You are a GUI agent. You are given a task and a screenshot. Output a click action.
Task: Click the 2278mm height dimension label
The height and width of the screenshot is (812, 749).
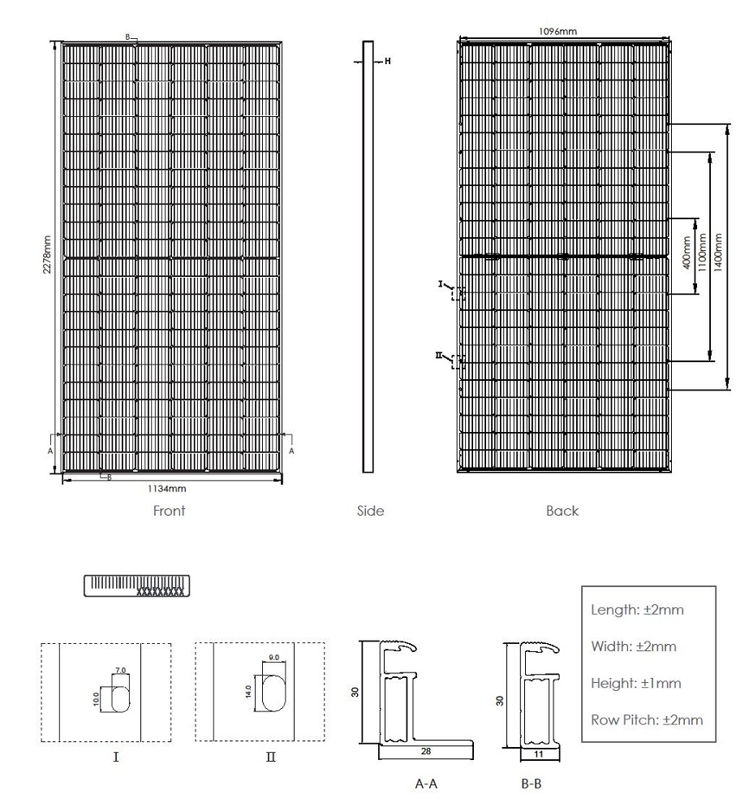pyautogui.click(x=47, y=254)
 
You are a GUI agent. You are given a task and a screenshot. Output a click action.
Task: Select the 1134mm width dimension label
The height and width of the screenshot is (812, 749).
pyautogui.click(x=166, y=488)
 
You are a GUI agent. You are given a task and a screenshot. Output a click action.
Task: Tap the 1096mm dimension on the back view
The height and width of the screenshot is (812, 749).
pyautogui.click(x=557, y=31)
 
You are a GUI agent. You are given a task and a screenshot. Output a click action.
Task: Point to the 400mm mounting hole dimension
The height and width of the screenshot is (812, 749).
pyautogui.click(x=687, y=253)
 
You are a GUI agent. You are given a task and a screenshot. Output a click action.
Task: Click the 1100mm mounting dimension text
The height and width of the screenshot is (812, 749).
pyautogui.click(x=703, y=253)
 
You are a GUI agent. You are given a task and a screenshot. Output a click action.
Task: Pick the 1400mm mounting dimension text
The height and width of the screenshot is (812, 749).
pyautogui.click(x=718, y=253)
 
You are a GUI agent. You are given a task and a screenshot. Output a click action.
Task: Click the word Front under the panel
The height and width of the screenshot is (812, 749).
pyautogui.click(x=170, y=511)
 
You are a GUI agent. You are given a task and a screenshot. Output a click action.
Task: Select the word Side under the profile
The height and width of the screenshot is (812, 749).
pyautogui.click(x=371, y=511)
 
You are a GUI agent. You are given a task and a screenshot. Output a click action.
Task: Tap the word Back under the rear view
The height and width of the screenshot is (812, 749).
pyautogui.click(x=562, y=511)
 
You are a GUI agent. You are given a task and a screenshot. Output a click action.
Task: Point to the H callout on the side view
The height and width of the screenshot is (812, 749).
pyautogui.click(x=388, y=61)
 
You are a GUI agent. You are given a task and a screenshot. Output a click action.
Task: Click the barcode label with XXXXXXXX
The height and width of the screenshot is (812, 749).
pyautogui.click(x=136, y=585)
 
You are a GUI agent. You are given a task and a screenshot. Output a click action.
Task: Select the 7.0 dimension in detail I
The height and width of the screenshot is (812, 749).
pyautogui.click(x=120, y=670)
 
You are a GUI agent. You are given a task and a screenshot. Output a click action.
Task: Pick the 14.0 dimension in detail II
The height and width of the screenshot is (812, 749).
pyautogui.click(x=248, y=691)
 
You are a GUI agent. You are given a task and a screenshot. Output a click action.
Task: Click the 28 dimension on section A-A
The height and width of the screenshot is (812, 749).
pyautogui.click(x=426, y=751)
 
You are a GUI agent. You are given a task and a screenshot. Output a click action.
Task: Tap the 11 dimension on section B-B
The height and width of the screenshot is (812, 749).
pyautogui.click(x=539, y=754)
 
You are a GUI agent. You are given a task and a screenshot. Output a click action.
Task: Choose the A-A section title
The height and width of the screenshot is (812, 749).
pyautogui.click(x=426, y=784)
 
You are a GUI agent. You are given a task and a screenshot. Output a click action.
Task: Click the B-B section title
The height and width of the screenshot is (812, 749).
pyautogui.click(x=531, y=784)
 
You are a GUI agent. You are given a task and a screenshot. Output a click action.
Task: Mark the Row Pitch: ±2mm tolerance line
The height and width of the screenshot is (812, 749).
pyautogui.click(x=647, y=719)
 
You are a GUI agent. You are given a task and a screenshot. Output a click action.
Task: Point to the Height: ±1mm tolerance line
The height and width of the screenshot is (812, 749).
pyautogui.click(x=636, y=683)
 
